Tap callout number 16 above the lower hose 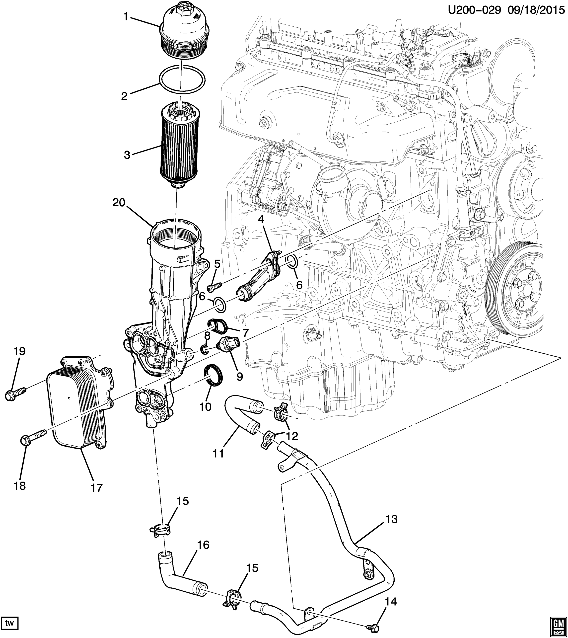click(x=204, y=545)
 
